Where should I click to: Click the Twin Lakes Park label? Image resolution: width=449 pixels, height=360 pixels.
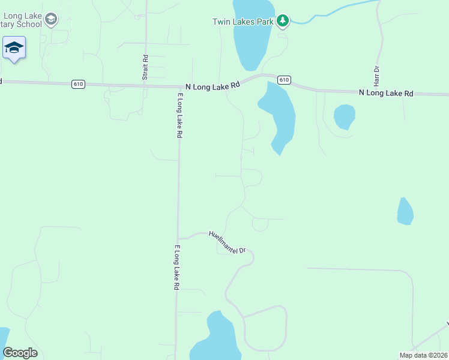[243, 22]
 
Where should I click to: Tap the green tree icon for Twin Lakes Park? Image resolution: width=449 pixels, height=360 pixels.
[283, 22]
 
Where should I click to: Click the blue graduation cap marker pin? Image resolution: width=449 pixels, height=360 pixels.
[14, 48]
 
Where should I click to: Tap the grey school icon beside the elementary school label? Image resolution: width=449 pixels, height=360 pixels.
[52, 20]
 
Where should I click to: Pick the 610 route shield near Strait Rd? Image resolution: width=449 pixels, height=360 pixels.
[78, 84]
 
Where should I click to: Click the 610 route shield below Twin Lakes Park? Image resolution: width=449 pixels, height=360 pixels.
[285, 80]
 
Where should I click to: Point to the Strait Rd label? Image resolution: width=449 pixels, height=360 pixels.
[145, 67]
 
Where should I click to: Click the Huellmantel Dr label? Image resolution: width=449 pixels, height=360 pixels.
[228, 242]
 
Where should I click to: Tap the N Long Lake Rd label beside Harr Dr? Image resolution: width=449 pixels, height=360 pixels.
[387, 93]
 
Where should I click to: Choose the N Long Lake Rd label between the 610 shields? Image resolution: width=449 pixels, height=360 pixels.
[212, 86]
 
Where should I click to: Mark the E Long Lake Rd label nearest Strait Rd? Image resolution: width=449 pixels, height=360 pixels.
[179, 116]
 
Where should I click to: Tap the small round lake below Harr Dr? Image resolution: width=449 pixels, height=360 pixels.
[344, 116]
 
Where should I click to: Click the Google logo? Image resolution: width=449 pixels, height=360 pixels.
[20, 353]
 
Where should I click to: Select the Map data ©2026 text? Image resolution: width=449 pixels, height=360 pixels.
[423, 355]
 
